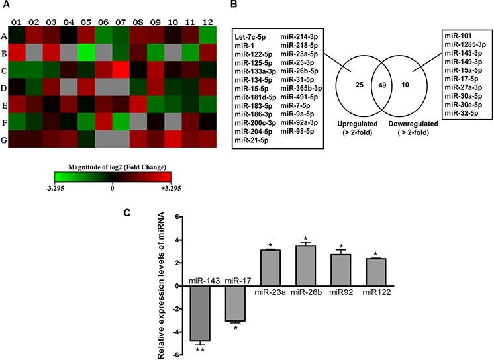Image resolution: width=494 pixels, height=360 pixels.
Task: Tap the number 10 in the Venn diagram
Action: click(407, 84)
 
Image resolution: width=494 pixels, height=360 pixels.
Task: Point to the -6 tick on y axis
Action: click(170, 355)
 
